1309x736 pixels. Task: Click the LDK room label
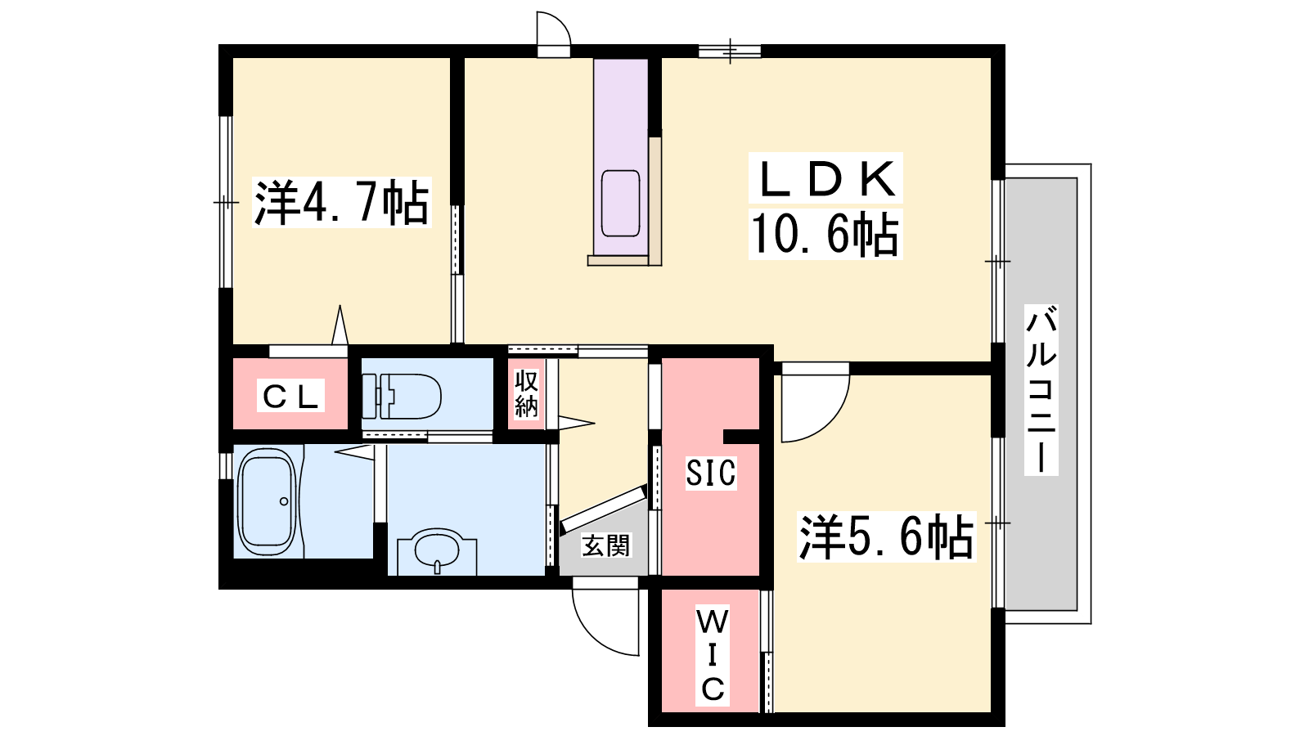[x=825, y=178]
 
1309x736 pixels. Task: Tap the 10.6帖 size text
[x=825, y=234]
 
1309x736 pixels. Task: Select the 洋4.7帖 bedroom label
[x=342, y=202]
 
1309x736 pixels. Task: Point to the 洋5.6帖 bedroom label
[x=887, y=536]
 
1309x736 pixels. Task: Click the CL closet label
[x=290, y=397]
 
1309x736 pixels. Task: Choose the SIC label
[x=711, y=473]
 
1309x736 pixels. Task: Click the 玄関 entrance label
[x=606, y=545]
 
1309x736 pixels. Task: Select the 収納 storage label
[x=526, y=395]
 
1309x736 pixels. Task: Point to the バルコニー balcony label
[x=1041, y=389]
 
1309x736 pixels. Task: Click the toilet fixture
[x=402, y=397]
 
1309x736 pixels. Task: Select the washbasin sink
[x=437, y=549]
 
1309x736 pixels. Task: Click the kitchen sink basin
[x=620, y=204]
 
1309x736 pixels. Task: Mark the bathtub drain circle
[x=284, y=501]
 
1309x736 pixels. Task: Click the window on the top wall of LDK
[x=730, y=52]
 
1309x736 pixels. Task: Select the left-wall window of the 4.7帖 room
[x=226, y=202]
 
